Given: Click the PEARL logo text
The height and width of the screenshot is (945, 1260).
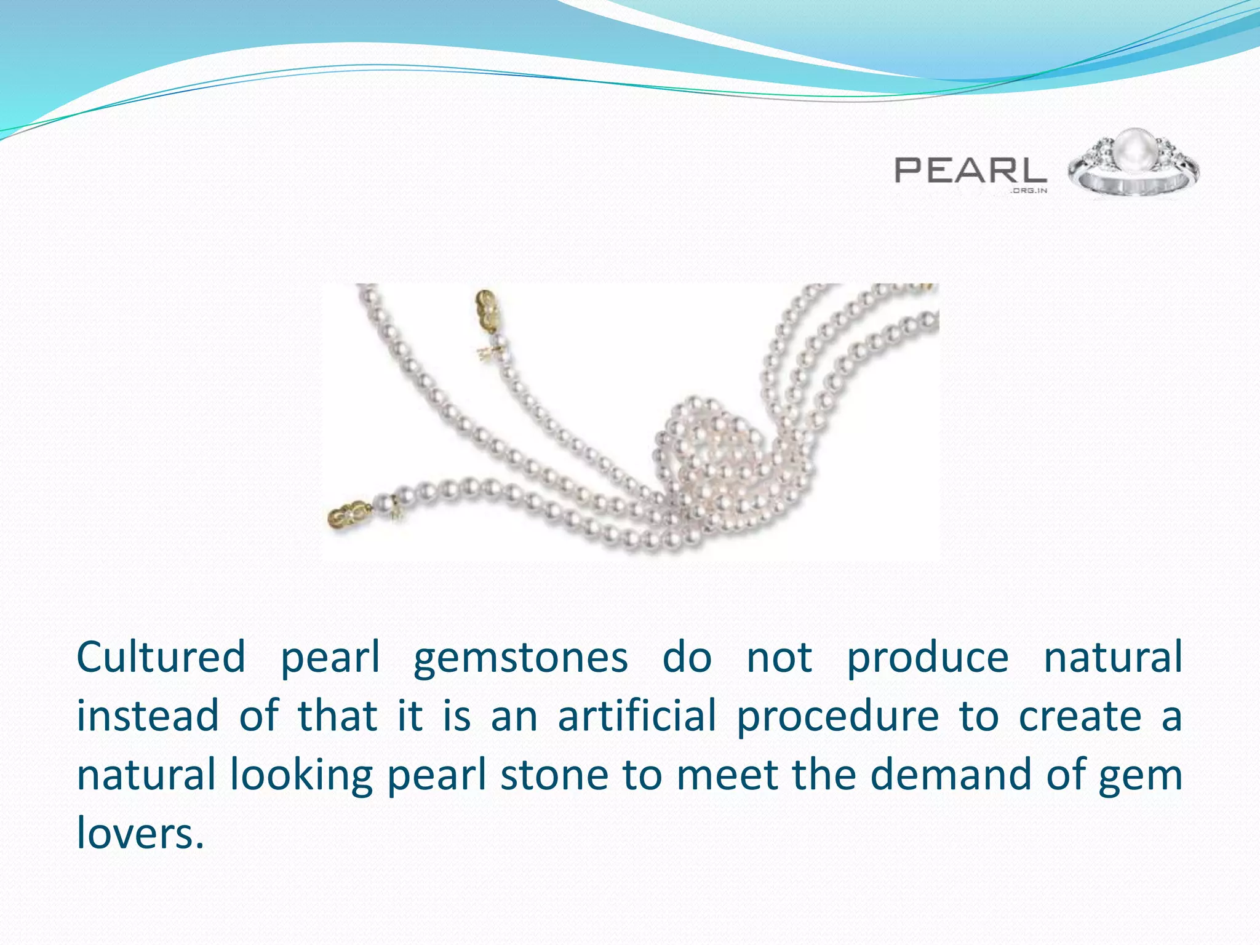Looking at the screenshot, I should click(x=970, y=170).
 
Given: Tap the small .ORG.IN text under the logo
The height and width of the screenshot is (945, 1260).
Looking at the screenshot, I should click(x=1028, y=191).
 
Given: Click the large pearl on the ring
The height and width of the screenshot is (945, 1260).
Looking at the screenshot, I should click(x=1134, y=150).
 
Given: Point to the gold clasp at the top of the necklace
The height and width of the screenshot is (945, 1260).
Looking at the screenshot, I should click(x=487, y=309).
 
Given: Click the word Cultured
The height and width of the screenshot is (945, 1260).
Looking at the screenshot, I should click(x=161, y=657).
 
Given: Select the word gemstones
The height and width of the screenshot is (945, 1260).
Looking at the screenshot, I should click(x=520, y=657).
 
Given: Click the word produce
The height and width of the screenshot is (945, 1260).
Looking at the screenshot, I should click(x=928, y=657).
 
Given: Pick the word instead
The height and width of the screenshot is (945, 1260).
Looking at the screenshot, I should click(x=148, y=716).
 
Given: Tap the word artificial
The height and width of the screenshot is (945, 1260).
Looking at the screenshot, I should click(x=637, y=716).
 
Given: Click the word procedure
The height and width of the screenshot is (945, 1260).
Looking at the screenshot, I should click(x=838, y=716).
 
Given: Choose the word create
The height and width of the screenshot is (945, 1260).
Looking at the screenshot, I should click(x=1080, y=716).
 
